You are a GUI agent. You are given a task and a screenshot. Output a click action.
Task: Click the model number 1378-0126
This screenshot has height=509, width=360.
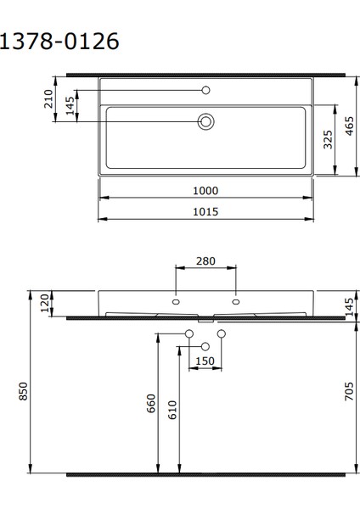[x=59, y=40]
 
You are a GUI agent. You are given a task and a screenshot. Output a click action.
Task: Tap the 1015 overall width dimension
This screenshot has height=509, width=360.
[x=205, y=211]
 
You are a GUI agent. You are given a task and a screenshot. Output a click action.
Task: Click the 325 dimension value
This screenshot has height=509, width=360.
[x=327, y=140]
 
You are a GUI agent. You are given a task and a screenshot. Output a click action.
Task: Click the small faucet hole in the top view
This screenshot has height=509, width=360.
[x=205, y=90]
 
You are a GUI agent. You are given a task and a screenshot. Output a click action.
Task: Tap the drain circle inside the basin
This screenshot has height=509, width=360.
[x=205, y=122]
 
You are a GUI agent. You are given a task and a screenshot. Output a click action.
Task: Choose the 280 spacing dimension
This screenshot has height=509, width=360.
[x=205, y=260]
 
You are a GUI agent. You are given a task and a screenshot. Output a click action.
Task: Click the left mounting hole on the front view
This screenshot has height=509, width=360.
[x=176, y=301]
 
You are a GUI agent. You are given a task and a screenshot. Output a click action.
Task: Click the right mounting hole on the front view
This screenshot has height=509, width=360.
[x=235, y=301]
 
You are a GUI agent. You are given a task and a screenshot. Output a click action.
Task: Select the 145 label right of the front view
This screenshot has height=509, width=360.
[x=349, y=305]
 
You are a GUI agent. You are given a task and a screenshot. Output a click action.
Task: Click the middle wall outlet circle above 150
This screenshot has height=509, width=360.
[x=205, y=346]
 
